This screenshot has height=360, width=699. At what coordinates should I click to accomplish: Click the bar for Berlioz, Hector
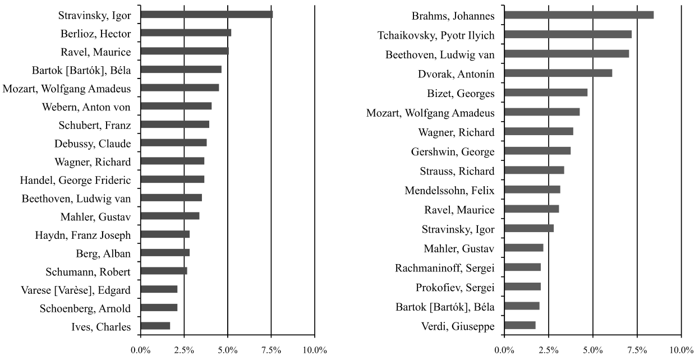(x=186, y=33)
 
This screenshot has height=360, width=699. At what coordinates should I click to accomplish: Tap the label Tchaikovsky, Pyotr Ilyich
(x=436, y=35)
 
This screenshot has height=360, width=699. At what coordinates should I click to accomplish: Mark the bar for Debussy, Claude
(x=173, y=142)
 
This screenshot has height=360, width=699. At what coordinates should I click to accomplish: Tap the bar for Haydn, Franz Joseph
(x=165, y=234)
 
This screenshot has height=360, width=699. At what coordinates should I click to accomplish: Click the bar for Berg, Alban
(x=165, y=252)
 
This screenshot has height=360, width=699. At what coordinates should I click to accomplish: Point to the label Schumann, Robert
(x=89, y=272)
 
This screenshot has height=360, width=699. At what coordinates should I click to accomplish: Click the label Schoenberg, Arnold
(x=85, y=308)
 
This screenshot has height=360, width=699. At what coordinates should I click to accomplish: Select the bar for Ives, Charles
(x=155, y=326)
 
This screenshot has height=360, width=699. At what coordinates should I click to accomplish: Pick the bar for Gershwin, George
(x=537, y=150)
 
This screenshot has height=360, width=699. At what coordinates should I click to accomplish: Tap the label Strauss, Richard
(x=457, y=171)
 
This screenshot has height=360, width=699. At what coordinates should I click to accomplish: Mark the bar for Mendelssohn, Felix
(x=532, y=189)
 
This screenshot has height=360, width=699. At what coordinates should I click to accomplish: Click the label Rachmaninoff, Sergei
(x=445, y=267)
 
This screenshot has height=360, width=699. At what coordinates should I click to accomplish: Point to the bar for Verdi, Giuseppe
(x=520, y=325)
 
